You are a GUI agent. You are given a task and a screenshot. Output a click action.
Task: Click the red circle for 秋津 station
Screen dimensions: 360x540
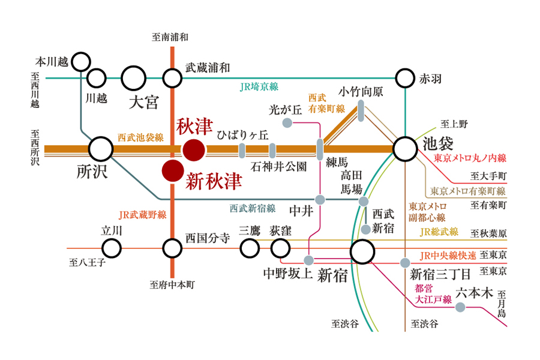coord(194,150)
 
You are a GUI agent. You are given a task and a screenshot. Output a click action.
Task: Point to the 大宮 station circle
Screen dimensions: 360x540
coord(133,78)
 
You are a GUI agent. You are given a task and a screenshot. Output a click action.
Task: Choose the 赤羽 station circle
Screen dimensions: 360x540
coord(405,78)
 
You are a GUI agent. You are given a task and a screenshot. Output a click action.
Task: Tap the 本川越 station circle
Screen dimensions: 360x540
coord(80,61)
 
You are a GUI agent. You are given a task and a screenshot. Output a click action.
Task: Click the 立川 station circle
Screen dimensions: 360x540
coord(111,247)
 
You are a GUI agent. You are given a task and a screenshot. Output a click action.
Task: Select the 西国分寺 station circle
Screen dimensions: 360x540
coord(172,247)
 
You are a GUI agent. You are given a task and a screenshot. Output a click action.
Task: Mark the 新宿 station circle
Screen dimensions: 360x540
coord(362,253)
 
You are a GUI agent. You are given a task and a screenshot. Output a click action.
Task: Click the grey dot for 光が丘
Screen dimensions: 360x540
coord(287,124)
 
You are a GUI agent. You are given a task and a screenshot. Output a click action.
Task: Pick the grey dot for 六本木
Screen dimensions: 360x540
coord(460,307)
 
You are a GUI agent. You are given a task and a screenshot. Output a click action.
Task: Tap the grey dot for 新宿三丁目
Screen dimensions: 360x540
coord(406,262)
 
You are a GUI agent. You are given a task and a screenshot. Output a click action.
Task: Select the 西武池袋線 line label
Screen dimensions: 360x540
coord(140,137)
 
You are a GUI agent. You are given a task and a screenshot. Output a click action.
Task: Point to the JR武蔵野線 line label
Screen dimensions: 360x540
coord(142,214)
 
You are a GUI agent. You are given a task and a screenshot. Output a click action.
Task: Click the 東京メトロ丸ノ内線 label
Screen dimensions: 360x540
coord(470,158)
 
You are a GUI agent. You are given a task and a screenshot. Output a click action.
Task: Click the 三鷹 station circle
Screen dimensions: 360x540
coord(249,247)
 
